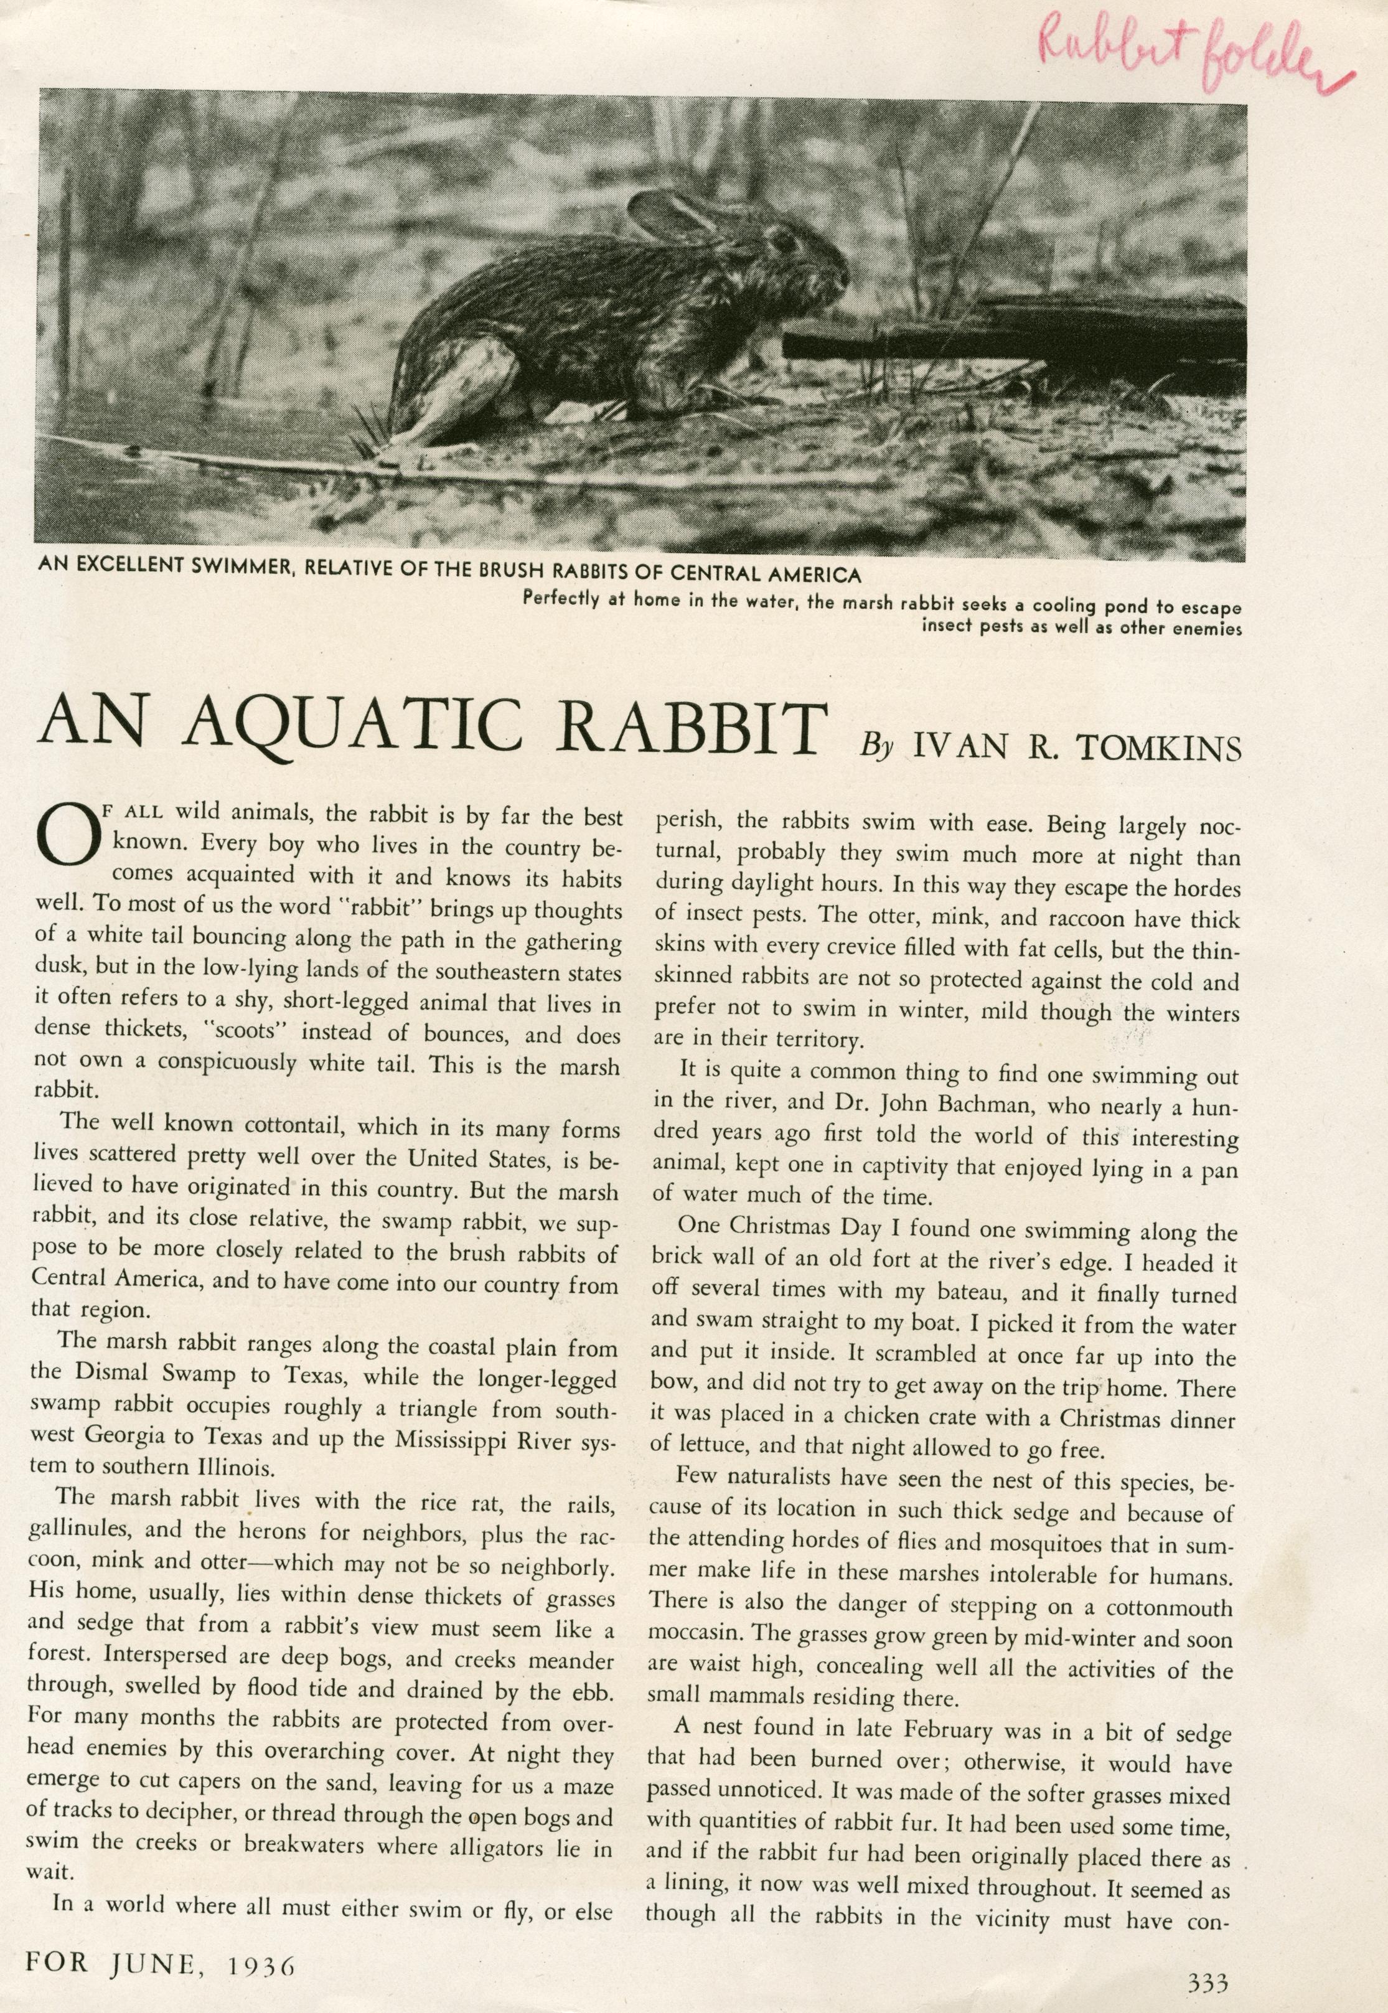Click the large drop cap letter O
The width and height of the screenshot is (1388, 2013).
pos(63,835)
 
